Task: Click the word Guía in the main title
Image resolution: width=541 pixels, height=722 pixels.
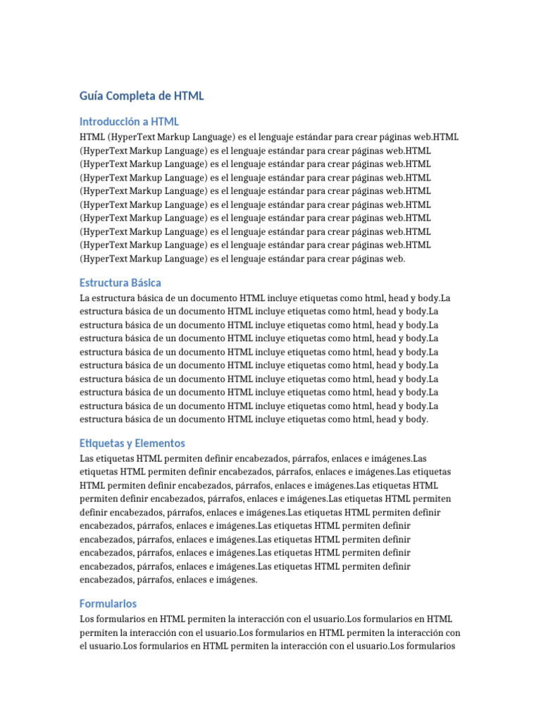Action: (x=92, y=96)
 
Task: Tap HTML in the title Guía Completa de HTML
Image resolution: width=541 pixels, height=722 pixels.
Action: (x=189, y=96)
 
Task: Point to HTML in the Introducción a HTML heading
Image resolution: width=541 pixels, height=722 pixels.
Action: (x=165, y=122)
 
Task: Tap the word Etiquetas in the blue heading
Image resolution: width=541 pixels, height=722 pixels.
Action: (x=101, y=443)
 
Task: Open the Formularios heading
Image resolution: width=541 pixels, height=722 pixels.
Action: (x=108, y=604)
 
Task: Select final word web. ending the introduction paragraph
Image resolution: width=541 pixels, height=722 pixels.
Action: (x=395, y=259)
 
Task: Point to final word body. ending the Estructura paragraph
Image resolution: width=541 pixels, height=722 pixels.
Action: (x=415, y=419)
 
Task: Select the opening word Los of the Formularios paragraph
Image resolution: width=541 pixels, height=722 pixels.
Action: (x=87, y=619)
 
